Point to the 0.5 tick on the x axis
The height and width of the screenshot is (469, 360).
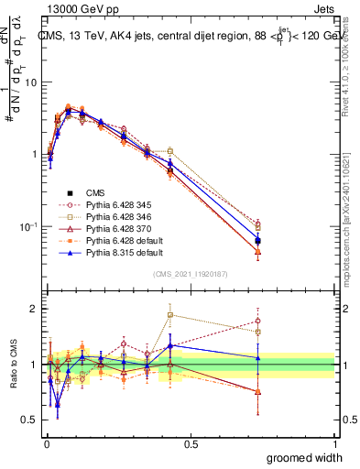coord(191,444)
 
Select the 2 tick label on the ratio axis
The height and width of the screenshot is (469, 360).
coord(35,309)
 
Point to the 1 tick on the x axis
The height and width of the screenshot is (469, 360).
coord(335,444)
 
